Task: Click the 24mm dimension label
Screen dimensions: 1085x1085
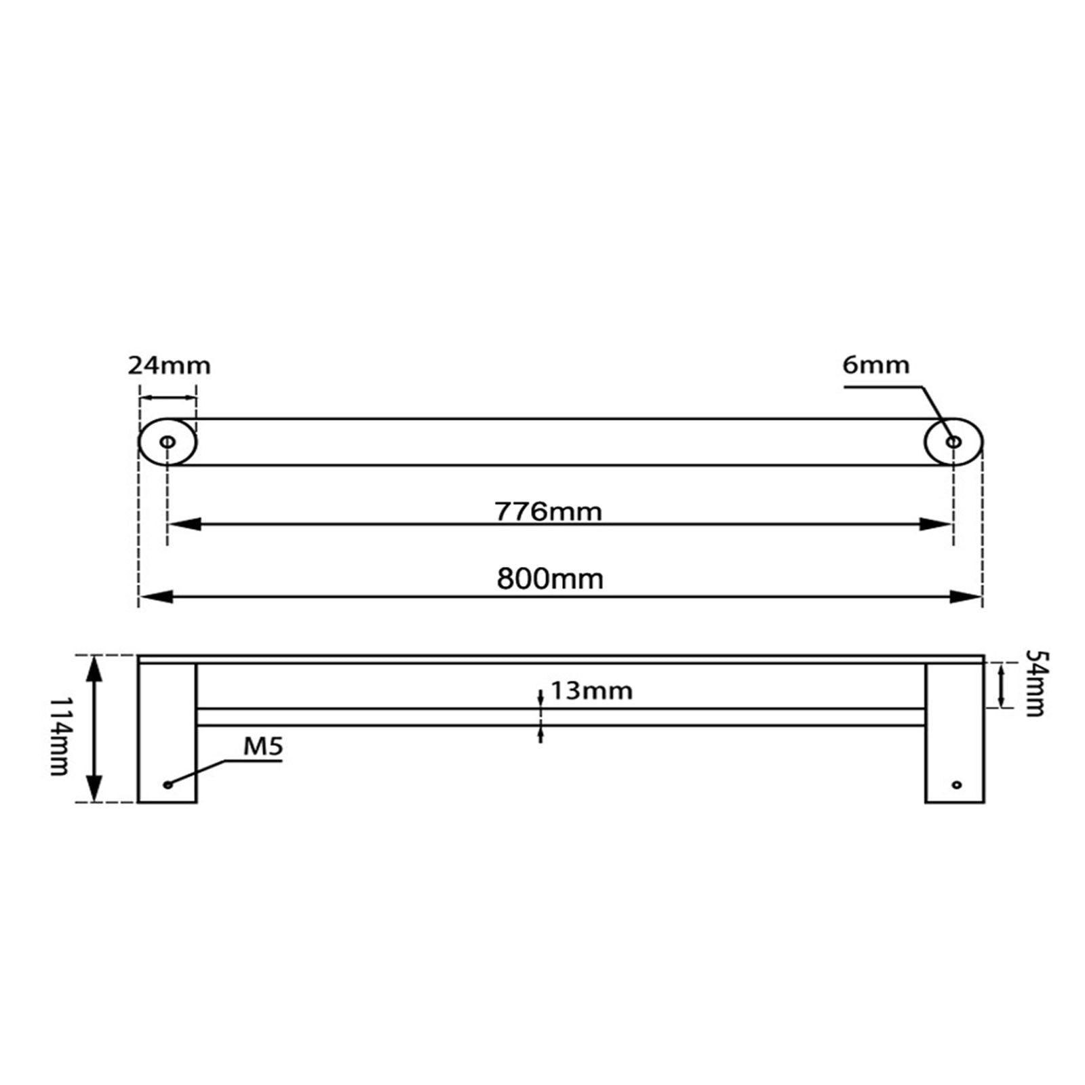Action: pyautogui.click(x=169, y=366)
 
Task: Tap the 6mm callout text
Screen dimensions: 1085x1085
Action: pyautogui.click(x=875, y=365)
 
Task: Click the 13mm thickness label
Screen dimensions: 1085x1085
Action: pyautogui.click(x=591, y=691)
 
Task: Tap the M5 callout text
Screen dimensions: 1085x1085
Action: pyautogui.click(x=262, y=747)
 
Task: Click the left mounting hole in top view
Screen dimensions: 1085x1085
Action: pyautogui.click(x=167, y=442)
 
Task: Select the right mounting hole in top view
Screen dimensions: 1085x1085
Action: pyautogui.click(x=953, y=442)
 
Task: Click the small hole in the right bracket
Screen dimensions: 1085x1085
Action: pyautogui.click(x=956, y=785)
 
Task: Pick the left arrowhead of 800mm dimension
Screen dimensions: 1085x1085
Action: pyautogui.click(x=156, y=597)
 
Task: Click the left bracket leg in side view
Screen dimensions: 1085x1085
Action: pyautogui.click(x=167, y=732)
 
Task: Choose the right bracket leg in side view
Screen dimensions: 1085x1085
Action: pyautogui.click(x=954, y=732)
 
